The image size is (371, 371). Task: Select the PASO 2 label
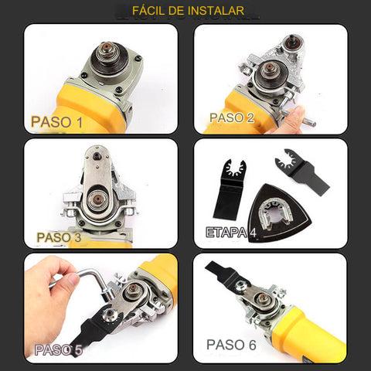tap(232, 117)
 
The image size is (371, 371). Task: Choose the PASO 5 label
tap(59, 350)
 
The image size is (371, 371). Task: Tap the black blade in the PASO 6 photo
tap(224, 274)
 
